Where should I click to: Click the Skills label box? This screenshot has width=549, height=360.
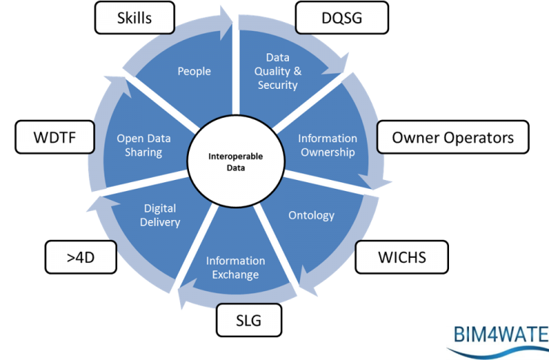coord(134,16)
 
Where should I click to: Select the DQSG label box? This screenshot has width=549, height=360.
coord(330,18)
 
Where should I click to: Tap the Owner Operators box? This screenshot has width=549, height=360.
coord(452,137)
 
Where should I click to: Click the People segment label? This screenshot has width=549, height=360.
coord(194,71)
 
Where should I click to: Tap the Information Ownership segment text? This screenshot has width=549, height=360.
coord(327,145)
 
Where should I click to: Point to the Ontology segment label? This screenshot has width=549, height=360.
coord(311,216)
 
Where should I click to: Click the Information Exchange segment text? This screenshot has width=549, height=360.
coord(236,268)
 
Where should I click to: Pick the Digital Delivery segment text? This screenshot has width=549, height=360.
coord(160,216)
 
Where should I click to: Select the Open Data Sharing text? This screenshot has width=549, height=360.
coord(139,145)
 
